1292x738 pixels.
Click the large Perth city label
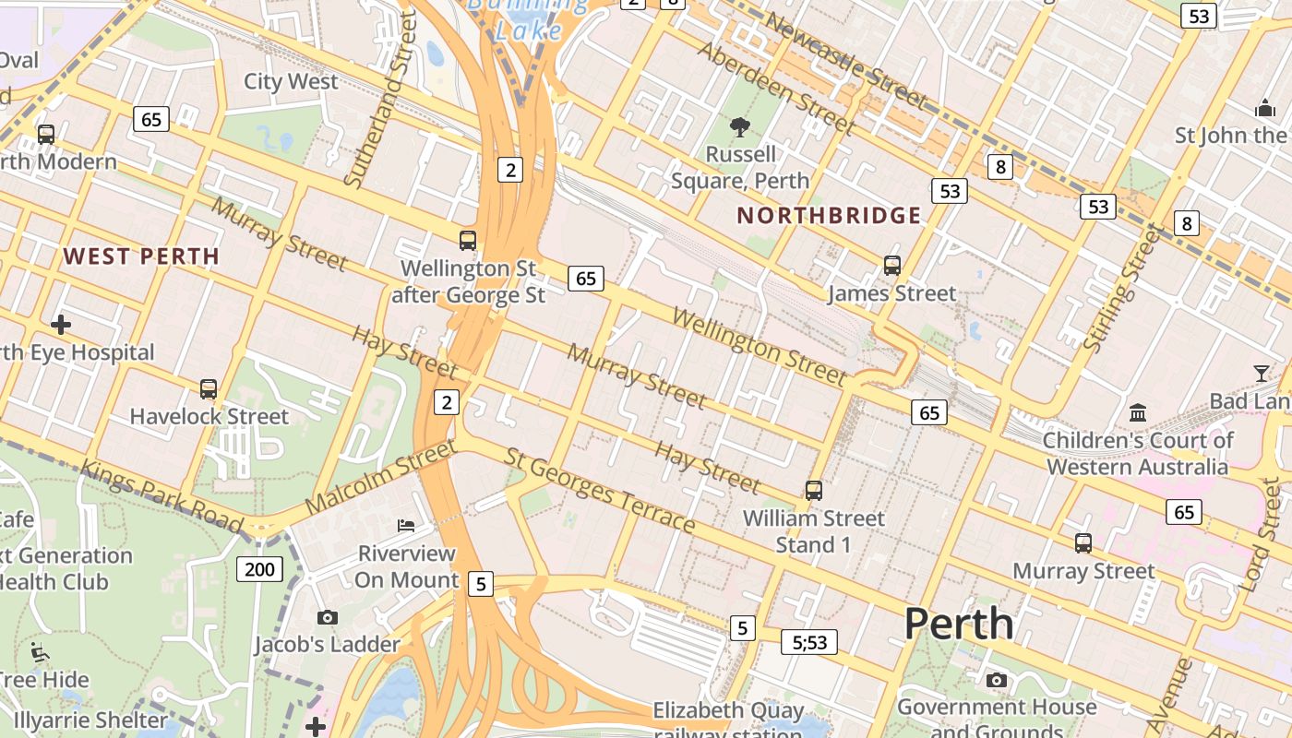click(x=959, y=625)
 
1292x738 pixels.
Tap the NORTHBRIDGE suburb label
click(x=829, y=216)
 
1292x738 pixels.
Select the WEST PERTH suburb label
click(x=141, y=256)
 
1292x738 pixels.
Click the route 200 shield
click(x=259, y=569)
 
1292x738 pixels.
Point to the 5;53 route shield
click(x=809, y=642)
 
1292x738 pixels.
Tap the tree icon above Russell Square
click(x=739, y=127)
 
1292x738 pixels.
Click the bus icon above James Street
click(x=891, y=266)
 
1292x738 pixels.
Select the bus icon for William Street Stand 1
click(x=813, y=491)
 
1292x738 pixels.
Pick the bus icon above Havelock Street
click(x=209, y=389)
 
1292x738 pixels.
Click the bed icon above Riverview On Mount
click(x=406, y=526)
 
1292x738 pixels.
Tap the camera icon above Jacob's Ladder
click(x=327, y=617)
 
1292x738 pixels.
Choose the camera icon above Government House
click(x=996, y=681)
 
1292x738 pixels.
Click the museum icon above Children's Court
click(x=1138, y=411)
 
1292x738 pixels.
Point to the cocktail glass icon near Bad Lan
click(x=1262, y=374)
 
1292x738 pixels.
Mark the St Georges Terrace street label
click(x=600, y=491)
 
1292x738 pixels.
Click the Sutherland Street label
click(x=380, y=101)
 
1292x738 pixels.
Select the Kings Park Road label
click(x=161, y=496)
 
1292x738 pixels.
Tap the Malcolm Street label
click(x=380, y=477)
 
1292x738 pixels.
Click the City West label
click(x=291, y=81)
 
